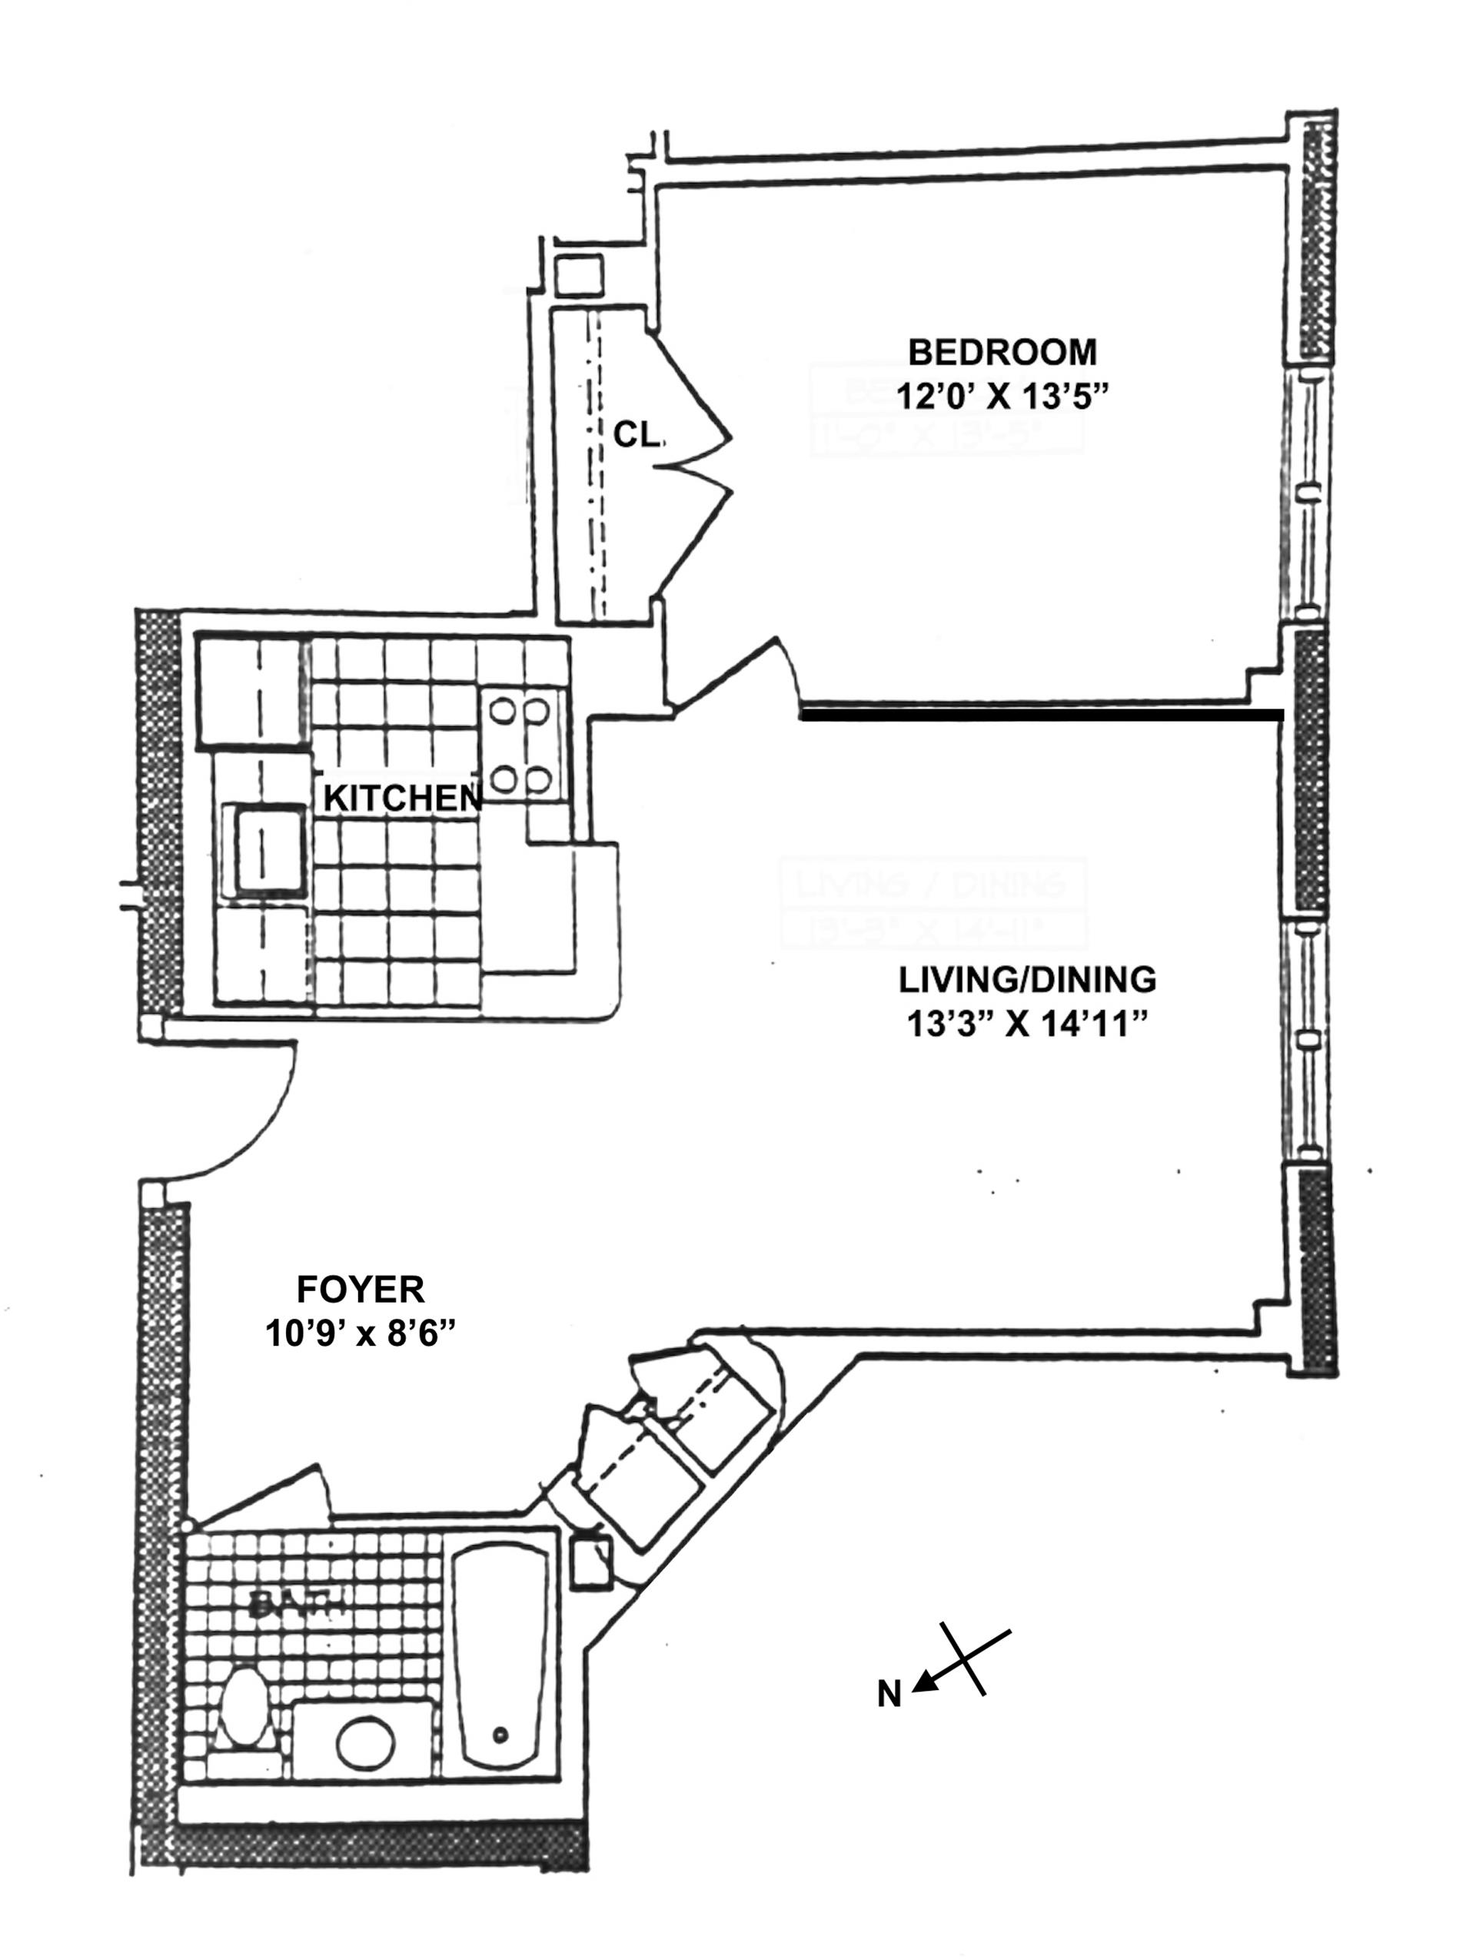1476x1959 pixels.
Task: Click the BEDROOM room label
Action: tap(1002, 353)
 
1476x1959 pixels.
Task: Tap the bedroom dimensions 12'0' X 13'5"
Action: tap(1002, 396)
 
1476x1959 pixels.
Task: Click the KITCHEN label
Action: tap(401, 798)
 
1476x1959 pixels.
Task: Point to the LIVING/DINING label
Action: tap(1027, 981)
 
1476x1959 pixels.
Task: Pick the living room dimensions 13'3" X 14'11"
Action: tap(1027, 1024)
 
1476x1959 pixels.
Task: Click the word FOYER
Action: tap(361, 1290)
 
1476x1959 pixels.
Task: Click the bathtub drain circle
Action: tap(501, 1735)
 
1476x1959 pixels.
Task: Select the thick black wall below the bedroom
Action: tap(1041, 715)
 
